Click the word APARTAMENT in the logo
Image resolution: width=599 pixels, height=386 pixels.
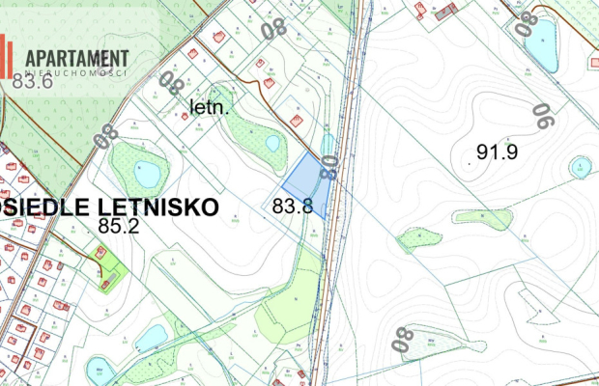click(78, 58)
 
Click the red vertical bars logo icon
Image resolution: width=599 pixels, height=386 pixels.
click(7, 56)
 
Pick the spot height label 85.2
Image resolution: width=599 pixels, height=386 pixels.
click(121, 227)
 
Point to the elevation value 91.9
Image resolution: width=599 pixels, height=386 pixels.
click(499, 152)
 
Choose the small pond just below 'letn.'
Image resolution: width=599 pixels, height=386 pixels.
click(273, 143)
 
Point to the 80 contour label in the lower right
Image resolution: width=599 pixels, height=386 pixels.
click(403, 340)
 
